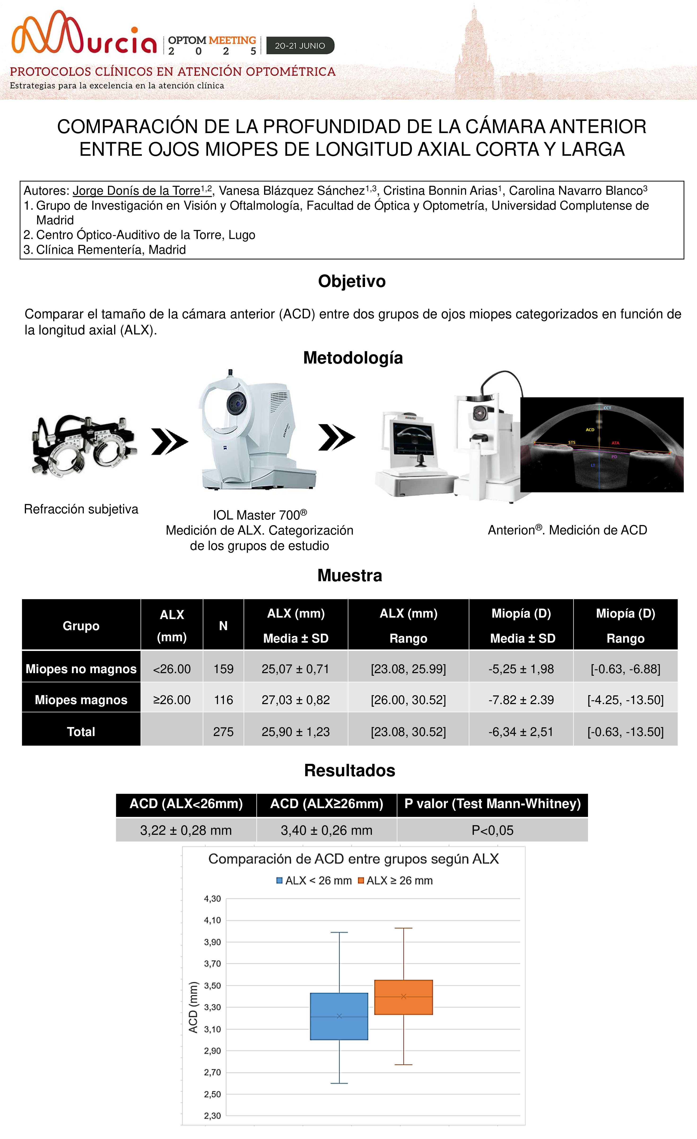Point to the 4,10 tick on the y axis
[x=212, y=920]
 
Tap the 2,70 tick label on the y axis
[x=212, y=1072]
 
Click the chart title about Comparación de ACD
[x=353, y=859]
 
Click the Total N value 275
[x=223, y=732]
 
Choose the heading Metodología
[x=353, y=358]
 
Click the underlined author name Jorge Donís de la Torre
[x=136, y=191]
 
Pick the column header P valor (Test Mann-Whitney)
[x=492, y=804]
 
